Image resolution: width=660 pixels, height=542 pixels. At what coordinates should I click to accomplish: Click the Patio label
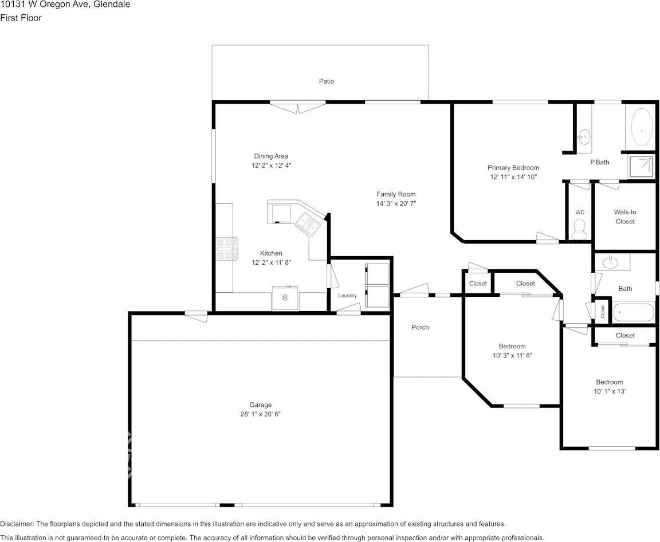[x=326, y=81]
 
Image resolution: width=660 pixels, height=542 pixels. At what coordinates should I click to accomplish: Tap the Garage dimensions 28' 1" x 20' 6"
[x=261, y=414]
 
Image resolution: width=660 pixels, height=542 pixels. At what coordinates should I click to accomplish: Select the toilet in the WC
[x=580, y=229]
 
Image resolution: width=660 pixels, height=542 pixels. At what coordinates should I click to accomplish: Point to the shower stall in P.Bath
[x=641, y=167]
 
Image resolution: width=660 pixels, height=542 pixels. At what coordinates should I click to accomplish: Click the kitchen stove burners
[x=227, y=249]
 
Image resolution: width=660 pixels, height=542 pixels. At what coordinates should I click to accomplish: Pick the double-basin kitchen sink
[x=308, y=222]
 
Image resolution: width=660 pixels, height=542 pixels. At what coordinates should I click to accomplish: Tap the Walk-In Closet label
[x=625, y=217]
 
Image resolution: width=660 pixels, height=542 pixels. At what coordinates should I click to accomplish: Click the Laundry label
[x=347, y=296]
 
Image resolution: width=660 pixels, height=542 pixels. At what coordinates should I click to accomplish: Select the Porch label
[x=420, y=327]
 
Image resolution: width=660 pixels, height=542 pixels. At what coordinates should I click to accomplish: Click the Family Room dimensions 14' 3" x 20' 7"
[x=396, y=203]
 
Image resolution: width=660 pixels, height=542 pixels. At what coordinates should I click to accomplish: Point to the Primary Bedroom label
[x=513, y=167]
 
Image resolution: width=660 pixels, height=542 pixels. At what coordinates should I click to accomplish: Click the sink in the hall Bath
[x=610, y=262]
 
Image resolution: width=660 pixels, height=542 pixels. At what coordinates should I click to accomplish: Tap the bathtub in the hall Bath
[x=633, y=312]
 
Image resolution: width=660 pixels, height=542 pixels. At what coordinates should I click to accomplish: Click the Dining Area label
[x=271, y=156]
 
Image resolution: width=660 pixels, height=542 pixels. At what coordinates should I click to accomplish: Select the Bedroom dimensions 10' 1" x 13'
[x=610, y=391]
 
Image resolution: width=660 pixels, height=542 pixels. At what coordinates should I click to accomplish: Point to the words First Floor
[x=21, y=18]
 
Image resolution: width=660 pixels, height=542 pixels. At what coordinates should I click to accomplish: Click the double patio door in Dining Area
[x=297, y=107]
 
